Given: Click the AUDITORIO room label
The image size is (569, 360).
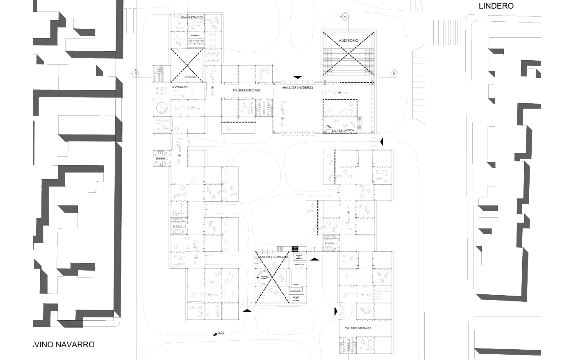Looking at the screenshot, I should click(348, 40).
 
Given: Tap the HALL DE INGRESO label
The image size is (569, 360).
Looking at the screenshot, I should click(298, 88).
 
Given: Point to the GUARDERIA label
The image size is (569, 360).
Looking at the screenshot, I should click(180, 87).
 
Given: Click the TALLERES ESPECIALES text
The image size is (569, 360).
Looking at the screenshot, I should click(246, 90).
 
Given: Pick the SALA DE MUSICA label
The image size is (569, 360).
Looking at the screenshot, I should click(343, 130).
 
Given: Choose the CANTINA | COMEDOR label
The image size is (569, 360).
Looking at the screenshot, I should click(273, 257).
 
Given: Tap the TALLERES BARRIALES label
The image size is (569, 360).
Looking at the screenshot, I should click(358, 328).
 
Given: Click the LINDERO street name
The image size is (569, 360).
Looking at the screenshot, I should click(496, 6).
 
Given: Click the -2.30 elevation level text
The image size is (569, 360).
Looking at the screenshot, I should click(221, 333).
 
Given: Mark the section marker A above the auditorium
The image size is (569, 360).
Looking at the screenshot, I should click(345, 16).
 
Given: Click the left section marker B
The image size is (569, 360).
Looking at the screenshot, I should click(135, 74).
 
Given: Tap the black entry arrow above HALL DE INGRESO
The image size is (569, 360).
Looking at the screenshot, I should click(298, 77).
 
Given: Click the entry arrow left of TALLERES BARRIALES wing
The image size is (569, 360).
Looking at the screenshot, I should click(336, 311).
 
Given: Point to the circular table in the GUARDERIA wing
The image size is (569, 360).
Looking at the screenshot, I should click(162, 108).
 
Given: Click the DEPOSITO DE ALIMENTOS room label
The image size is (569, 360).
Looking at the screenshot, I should click(299, 257).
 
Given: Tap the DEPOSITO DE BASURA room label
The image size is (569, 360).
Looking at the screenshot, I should click(296, 298).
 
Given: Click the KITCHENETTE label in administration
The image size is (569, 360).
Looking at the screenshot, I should click(195, 36).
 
